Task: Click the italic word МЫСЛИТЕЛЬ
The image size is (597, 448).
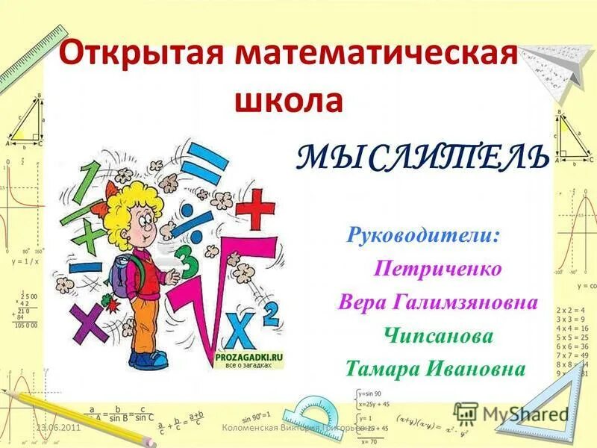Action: point(424,156)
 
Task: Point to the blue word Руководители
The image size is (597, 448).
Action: point(423,236)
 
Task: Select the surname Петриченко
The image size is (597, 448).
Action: point(438,268)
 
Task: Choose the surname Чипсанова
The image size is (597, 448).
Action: point(440,336)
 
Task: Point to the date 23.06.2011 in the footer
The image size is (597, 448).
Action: point(60,427)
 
